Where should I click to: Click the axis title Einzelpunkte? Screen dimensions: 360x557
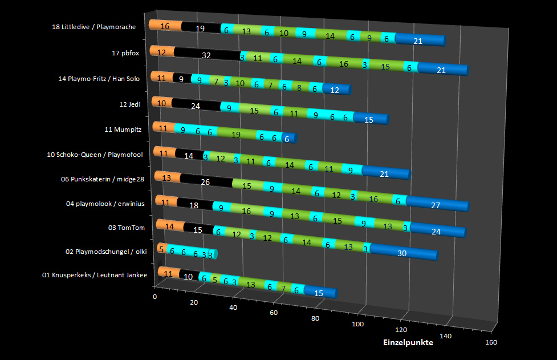408,342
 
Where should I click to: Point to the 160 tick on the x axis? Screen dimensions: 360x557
491,342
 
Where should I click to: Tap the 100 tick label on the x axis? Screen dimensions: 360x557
357,324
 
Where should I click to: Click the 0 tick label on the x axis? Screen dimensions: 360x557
155,297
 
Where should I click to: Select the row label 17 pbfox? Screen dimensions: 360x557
123,53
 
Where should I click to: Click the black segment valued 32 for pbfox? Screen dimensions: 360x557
206,55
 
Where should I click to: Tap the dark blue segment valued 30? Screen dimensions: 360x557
402,253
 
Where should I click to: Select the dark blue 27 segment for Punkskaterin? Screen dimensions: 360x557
436,205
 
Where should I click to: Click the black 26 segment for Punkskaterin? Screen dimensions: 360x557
205,183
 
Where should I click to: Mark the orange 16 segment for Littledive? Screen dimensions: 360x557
165,26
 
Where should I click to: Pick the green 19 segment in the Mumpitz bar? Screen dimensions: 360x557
235,135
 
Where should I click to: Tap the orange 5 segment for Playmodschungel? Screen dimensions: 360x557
161,249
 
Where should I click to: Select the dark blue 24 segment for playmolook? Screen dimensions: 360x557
436,231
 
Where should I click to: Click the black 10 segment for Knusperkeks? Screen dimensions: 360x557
188,277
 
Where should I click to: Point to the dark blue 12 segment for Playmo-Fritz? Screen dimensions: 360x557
335,90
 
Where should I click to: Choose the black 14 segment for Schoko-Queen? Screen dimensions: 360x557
189,155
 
